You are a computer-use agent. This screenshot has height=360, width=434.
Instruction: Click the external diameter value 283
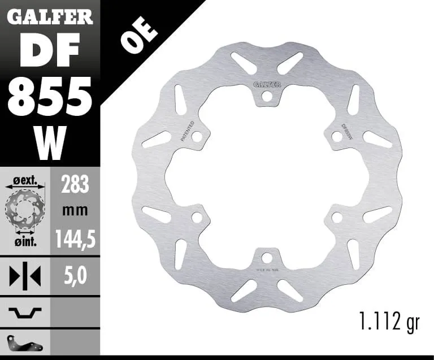click(74, 184)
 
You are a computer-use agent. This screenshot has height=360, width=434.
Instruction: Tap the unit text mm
click(74, 211)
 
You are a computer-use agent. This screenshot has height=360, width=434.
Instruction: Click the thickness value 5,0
click(74, 277)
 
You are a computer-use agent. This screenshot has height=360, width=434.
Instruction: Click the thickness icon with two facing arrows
click(25, 276)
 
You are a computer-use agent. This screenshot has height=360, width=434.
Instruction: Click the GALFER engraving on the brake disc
click(267, 85)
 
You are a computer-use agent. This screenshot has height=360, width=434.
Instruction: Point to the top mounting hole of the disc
click(267, 97)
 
